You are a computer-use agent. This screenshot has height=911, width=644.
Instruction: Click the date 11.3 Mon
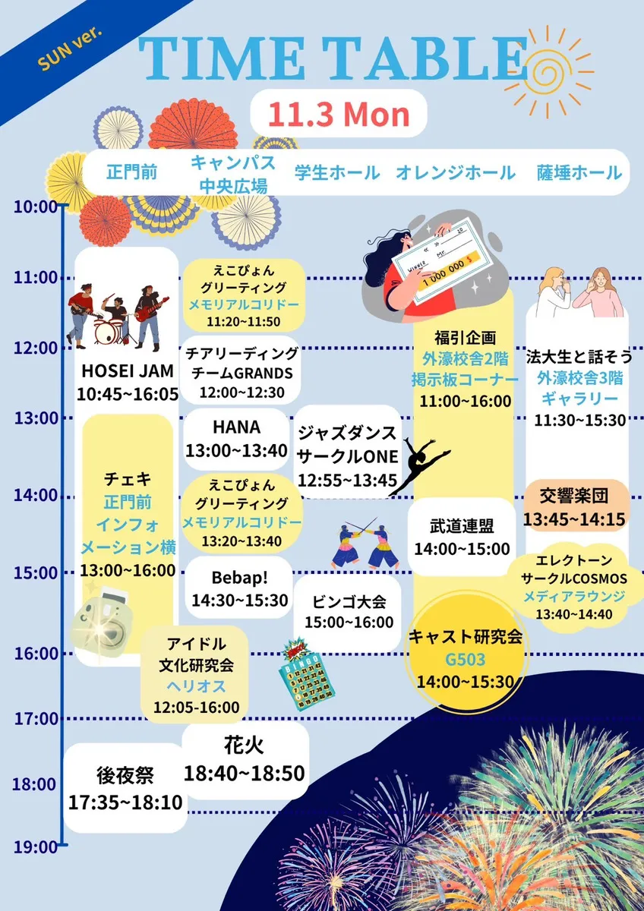[339, 115]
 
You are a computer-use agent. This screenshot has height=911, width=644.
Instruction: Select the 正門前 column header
[131, 172]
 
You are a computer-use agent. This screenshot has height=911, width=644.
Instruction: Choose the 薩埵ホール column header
[579, 172]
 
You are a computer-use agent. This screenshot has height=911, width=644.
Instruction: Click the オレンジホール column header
[456, 172]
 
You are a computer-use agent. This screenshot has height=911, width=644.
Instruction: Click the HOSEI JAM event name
[128, 372]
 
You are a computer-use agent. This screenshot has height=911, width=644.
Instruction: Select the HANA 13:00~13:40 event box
[236, 438]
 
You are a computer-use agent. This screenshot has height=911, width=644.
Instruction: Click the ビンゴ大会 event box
[349, 611]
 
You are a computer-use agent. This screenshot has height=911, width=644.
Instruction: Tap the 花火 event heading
[244, 743]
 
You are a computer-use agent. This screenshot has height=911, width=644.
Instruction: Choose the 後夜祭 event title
[125, 775]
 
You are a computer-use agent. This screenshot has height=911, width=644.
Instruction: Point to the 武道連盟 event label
[461, 525]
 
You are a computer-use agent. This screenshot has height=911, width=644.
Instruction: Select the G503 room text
[465, 658]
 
